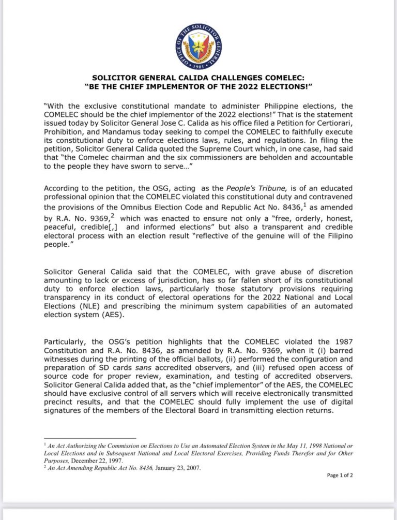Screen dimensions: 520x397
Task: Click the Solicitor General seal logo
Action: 199,47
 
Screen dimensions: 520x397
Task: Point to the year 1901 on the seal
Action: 199,67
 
